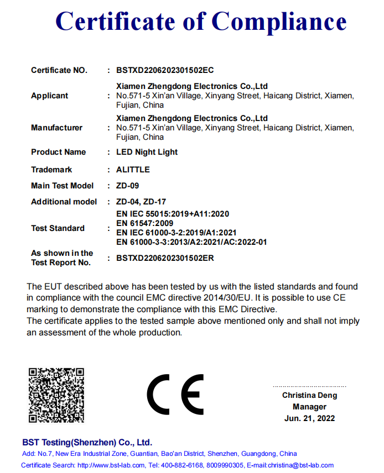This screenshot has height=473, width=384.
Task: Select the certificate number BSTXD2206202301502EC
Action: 165,70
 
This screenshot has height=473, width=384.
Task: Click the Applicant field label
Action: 49,96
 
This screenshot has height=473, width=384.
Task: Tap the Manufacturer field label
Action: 56,128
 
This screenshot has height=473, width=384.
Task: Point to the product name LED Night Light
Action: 147,152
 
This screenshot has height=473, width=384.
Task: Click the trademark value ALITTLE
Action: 133,170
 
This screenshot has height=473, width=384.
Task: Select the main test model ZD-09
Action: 127,186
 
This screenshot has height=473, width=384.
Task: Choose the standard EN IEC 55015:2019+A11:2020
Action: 173,214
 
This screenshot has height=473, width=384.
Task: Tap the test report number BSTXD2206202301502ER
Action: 165,257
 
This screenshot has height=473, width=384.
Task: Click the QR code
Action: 56,395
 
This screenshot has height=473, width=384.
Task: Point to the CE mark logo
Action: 175,395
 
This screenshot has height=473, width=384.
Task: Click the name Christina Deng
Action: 309,395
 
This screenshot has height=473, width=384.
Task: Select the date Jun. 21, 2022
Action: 309,418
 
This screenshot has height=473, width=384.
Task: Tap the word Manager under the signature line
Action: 309,407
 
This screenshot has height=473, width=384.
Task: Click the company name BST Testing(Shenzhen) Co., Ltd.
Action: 87,443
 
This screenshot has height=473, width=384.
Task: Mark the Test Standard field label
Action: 58,228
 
